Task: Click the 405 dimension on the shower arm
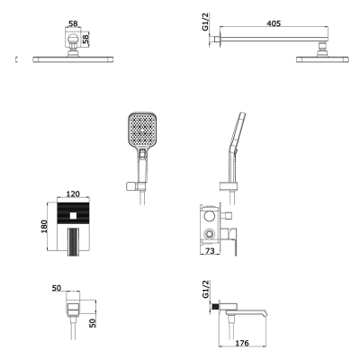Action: click(x=274, y=23)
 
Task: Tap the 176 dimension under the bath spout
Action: click(x=242, y=343)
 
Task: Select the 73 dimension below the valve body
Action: click(x=210, y=250)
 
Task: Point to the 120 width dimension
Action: click(x=73, y=193)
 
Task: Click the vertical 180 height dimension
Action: click(x=44, y=227)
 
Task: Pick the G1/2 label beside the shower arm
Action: click(x=205, y=22)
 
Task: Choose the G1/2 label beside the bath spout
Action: click(x=205, y=289)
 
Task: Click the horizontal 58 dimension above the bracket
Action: click(x=73, y=23)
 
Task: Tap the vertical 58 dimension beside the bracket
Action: click(x=85, y=40)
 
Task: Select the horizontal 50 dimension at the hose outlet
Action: click(x=57, y=288)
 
